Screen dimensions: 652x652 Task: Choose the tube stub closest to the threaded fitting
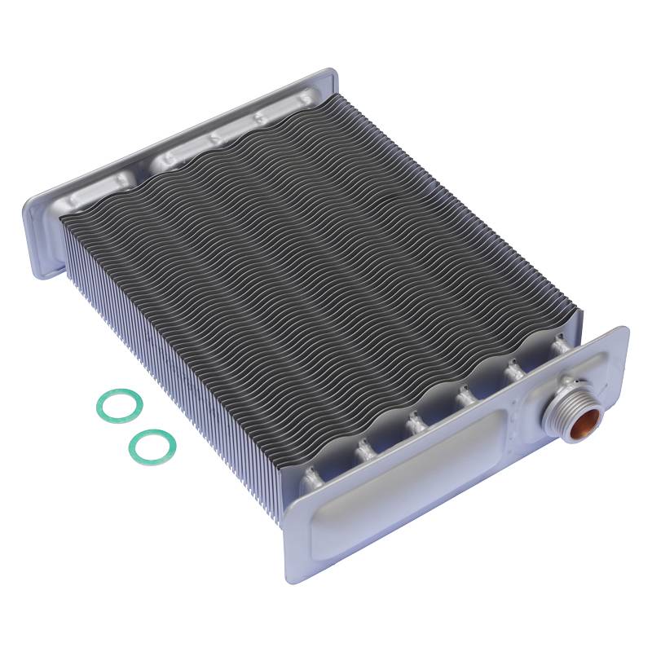tap(561, 347)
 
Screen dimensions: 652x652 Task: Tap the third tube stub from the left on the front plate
tap(414, 421)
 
